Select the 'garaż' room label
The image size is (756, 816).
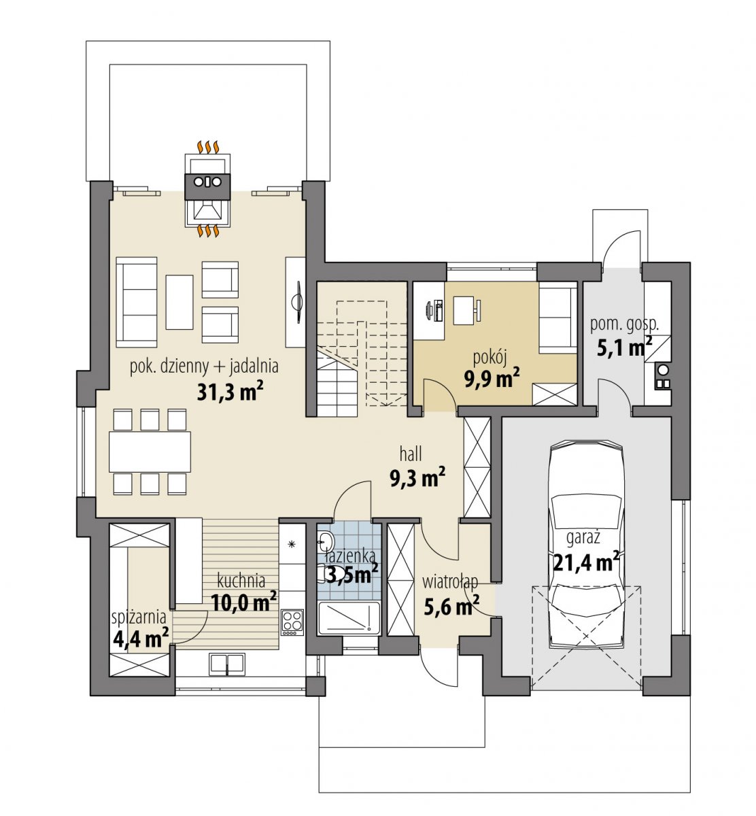pyautogui.click(x=583, y=537)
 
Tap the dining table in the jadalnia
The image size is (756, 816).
pyautogui.click(x=150, y=452)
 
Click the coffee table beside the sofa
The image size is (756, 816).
pyautogui.click(x=179, y=302)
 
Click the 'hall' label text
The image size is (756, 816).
pyautogui.click(x=411, y=454)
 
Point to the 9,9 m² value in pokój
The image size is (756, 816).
pyautogui.click(x=492, y=379)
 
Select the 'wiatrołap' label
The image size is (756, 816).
pyautogui.click(x=450, y=582)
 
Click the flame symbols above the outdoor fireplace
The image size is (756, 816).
pyautogui.click(x=207, y=147)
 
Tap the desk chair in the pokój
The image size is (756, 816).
pyautogui.click(x=479, y=310)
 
